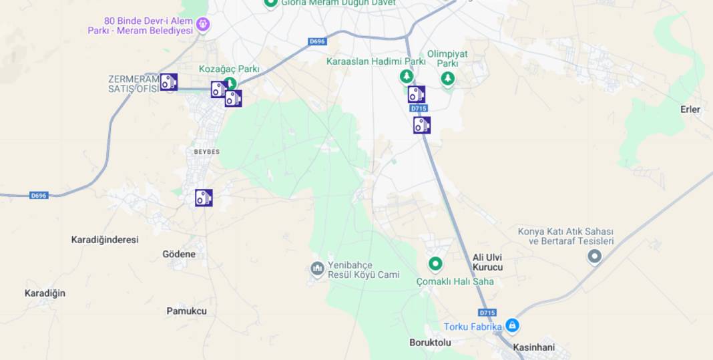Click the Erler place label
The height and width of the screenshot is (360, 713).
[x=690, y=110]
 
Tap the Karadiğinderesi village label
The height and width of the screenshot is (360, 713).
[x=105, y=239]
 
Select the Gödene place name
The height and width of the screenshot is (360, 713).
[x=179, y=254]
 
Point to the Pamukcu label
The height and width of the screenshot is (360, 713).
[x=186, y=311]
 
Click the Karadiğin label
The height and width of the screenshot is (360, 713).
[x=45, y=293]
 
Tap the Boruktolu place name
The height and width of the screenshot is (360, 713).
[x=430, y=343]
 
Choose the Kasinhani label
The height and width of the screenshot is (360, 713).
[x=533, y=347]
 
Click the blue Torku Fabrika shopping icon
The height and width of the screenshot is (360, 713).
[x=512, y=326]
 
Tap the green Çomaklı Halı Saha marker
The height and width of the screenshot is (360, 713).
[x=436, y=264]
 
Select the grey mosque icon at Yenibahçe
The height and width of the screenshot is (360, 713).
[x=318, y=269]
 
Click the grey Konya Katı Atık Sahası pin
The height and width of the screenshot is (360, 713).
[x=594, y=256]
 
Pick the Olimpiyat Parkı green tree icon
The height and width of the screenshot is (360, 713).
[x=448, y=79]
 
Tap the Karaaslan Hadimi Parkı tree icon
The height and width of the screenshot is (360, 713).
[x=406, y=77]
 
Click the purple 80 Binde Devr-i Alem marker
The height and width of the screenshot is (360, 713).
[x=203, y=25]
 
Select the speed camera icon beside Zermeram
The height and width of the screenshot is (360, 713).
[x=169, y=82]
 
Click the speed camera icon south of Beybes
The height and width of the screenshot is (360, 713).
[x=204, y=198]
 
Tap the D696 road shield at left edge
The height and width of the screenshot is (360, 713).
[x=39, y=196]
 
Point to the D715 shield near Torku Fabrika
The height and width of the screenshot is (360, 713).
[x=488, y=313]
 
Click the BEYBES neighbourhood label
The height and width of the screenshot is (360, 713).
[x=207, y=152]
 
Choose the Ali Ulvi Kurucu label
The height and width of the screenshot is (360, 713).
[x=487, y=262]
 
